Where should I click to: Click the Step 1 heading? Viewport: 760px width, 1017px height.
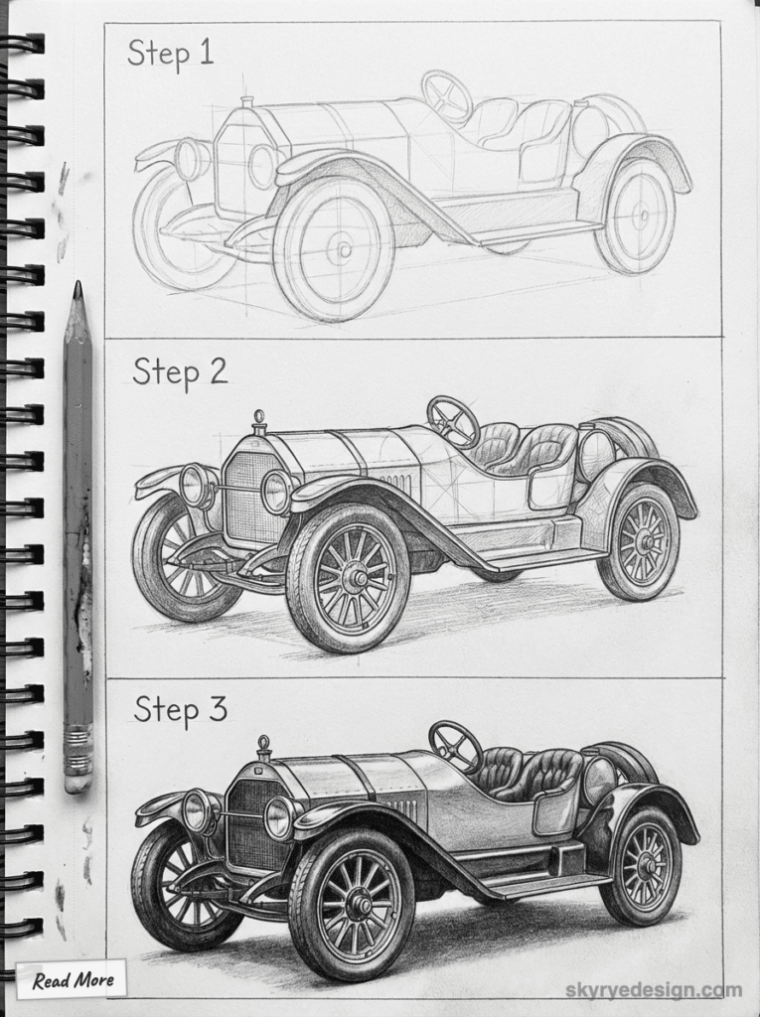[x=170, y=54]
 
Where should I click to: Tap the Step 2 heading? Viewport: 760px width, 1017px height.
[x=180, y=372]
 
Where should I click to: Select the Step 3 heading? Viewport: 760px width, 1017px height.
[x=180, y=710]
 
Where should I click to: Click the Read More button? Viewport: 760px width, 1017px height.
[x=73, y=980]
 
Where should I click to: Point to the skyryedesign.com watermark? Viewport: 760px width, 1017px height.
[x=654, y=990]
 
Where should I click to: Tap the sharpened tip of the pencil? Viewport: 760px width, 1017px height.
[x=77, y=290]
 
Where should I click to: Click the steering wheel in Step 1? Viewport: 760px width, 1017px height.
[x=446, y=95]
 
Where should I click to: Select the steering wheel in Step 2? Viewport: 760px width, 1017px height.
[x=453, y=421]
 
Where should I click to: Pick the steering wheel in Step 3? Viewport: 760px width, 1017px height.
[x=454, y=746]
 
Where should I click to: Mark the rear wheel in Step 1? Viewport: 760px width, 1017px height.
[x=635, y=216]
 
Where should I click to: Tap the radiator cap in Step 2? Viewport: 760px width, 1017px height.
[x=259, y=420]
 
